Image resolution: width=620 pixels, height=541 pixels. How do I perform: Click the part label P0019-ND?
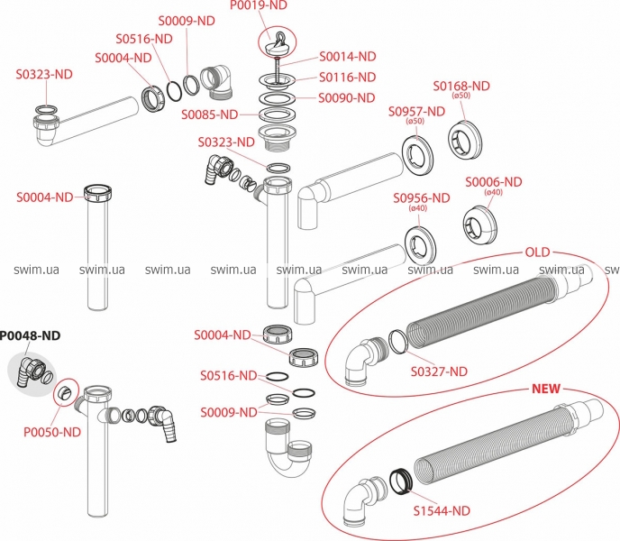[x=260, y=6]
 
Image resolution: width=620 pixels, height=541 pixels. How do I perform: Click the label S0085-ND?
[x=209, y=115]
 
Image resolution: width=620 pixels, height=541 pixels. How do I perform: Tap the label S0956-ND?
[x=421, y=198]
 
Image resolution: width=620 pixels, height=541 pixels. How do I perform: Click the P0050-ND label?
[x=52, y=432]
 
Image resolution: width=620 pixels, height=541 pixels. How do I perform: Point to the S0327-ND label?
[x=439, y=371]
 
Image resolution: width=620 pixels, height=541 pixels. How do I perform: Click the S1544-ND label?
[x=442, y=510]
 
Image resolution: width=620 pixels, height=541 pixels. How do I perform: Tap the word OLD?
[x=539, y=251]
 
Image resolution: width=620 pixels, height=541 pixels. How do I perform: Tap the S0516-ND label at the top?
[x=144, y=39]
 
